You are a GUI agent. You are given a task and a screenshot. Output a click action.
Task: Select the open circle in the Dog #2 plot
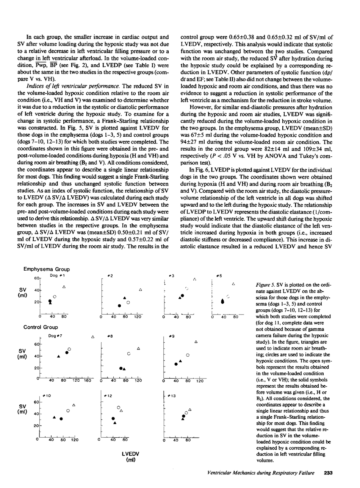pyautogui.click(x=128, y=302)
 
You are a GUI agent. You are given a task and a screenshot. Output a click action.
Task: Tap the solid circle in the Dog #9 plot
pyautogui.click(x=176, y=364)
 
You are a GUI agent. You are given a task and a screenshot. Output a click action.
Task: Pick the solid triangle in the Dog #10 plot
pyautogui.click(x=55, y=417)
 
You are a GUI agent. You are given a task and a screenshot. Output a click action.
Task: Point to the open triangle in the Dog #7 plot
pyautogui.click(x=93, y=337)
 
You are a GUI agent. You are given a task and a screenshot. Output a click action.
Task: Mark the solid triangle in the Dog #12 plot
pyautogui.click(x=115, y=423)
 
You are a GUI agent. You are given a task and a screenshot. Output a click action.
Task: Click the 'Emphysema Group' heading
pyautogui.click(x=47, y=269)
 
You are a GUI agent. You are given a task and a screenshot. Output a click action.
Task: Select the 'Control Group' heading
pyautogui.click(x=41, y=327)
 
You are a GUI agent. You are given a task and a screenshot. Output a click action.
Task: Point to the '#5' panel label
pyautogui.click(x=219, y=276)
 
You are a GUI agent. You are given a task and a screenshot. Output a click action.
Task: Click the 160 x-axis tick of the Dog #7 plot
pyautogui.click(x=87, y=381)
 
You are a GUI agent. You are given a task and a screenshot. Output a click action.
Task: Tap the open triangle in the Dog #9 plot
pyautogui.click(x=196, y=342)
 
